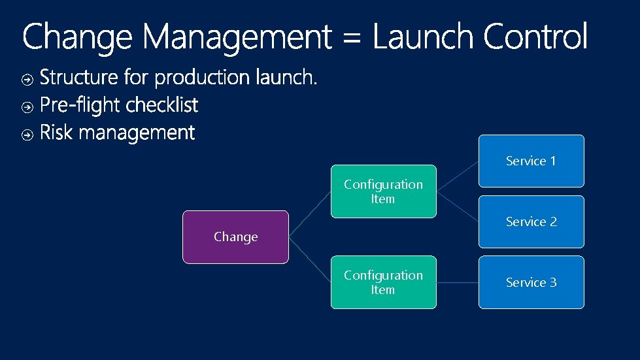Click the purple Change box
tap(235, 237)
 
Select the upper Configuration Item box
tap(383, 191)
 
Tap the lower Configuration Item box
tap(383, 282)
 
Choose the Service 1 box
tap(531, 161)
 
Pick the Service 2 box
tap(531, 221)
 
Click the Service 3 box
tap(531, 282)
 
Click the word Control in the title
tap(535, 37)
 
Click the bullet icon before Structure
tap(27, 80)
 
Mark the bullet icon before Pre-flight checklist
tap(27, 106)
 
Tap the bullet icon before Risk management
tap(27, 135)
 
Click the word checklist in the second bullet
tap(161, 105)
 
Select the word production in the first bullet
tap(202, 78)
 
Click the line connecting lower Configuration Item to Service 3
tap(457, 282)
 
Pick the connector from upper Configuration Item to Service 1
tap(457, 176)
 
